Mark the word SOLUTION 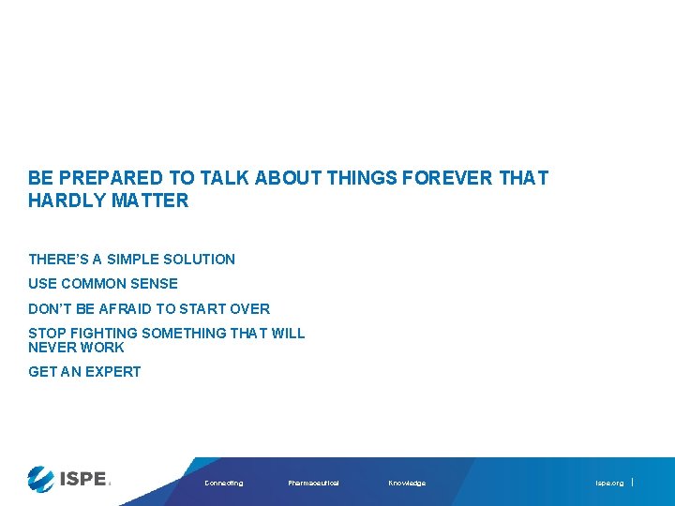click(x=199, y=260)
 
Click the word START click(x=208, y=309)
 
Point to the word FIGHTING click(x=102, y=334)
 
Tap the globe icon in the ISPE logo click(x=42, y=479)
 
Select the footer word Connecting click(x=223, y=484)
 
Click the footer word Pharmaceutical click(x=313, y=484)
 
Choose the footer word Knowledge click(x=407, y=484)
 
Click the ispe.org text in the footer click(x=609, y=484)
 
